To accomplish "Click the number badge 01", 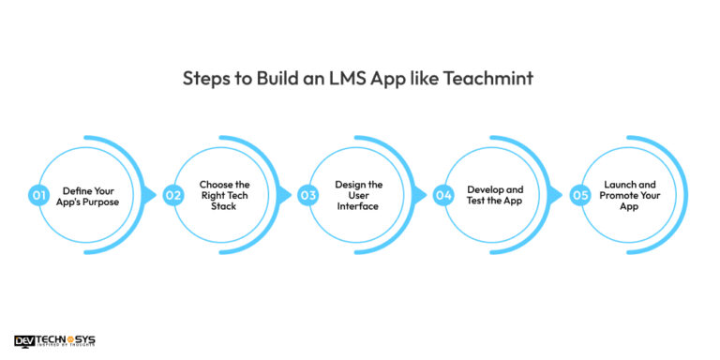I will pos(38,195).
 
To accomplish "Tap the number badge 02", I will pos(172,195).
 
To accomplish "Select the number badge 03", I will pos(307,195).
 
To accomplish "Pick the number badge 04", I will pos(442,195).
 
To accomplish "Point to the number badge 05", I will pos(578,195).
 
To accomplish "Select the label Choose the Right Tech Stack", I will pos(225,195).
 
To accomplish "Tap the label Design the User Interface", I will pos(360,195).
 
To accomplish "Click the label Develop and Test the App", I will pos(495,195).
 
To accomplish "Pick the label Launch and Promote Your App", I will pos(629,195).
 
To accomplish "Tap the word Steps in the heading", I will pos(206,79).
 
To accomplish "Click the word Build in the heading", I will pos(273,79).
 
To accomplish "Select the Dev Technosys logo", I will pos(54,341).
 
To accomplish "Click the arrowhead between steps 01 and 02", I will pos(150,195).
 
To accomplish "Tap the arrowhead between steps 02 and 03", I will pos(285,195).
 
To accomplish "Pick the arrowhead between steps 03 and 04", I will pos(420,195).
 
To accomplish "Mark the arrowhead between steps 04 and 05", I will pos(555,195).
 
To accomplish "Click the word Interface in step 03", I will pos(360,206).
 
